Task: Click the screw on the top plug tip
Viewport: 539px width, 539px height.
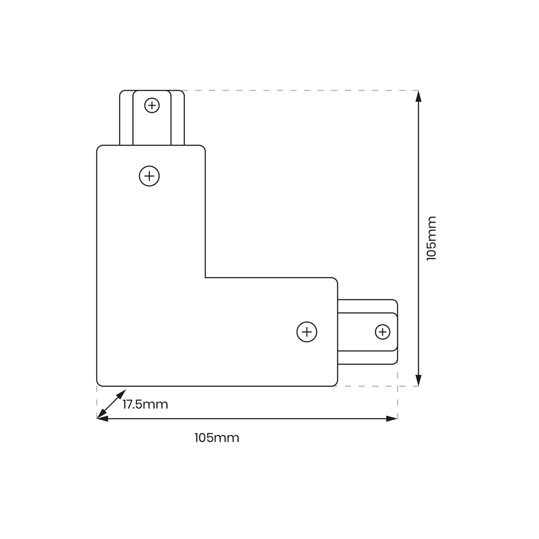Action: click(152, 105)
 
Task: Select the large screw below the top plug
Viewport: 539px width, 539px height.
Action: click(149, 176)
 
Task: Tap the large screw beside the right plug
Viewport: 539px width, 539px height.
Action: click(306, 332)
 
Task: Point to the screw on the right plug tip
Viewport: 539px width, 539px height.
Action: click(382, 332)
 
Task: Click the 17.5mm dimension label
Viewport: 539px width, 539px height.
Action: click(145, 404)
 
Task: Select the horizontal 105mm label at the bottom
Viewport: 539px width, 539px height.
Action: click(217, 438)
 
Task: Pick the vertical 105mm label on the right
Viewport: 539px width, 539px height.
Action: click(431, 238)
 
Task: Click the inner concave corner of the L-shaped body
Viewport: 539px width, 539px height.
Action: click(205, 277)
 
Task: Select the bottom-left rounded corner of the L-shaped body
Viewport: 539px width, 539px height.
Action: click(99, 384)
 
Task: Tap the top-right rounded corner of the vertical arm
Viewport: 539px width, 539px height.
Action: click(203, 147)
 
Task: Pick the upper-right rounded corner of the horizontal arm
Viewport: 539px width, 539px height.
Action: click(335, 279)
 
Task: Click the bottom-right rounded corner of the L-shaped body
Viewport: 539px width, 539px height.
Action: click(335, 384)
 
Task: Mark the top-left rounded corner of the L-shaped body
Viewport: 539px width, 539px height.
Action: click(99, 147)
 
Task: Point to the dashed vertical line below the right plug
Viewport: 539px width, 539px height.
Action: click(397, 391)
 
